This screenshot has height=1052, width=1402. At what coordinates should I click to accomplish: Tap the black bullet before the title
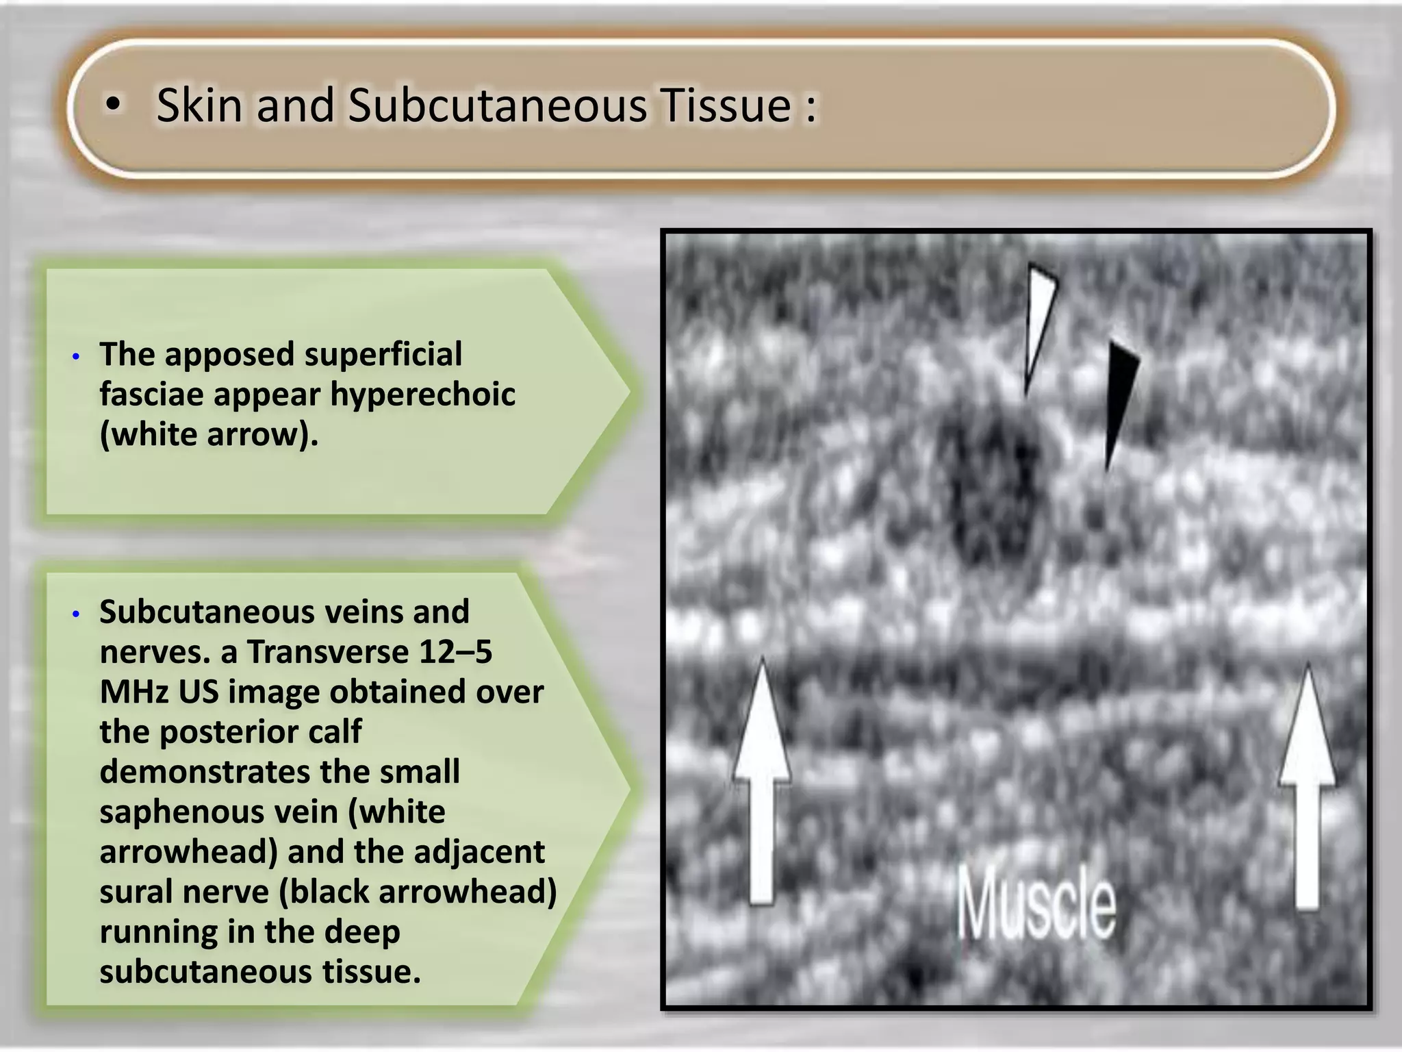pyautogui.click(x=114, y=105)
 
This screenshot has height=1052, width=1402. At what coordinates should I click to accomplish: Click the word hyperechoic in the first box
pyautogui.click(x=422, y=394)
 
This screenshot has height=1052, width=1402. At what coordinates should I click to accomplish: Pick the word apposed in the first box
pyautogui.click(x=229, y=355)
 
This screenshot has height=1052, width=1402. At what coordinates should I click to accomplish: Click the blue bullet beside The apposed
pyautogui.click(x=76, y=357)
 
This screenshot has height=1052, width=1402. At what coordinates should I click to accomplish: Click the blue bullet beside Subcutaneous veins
pyautogui.click(x=76, y=614)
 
